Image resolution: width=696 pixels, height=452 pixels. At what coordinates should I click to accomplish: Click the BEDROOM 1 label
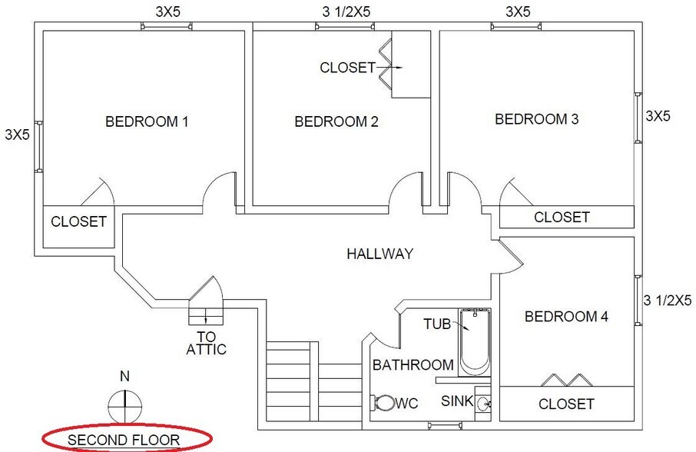pyautogui.click(x=147, y=121)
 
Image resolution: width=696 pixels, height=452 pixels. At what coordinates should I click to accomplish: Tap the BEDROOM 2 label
pyautogui.click(x=336, y=121)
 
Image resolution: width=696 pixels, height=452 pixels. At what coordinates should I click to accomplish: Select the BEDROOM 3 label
pyautogui.click(x=536, y=119)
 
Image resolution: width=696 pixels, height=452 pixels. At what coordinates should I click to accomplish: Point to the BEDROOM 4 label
pyautogui.click(x=566, y=317)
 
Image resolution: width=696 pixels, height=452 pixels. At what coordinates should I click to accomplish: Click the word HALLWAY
pyautogui.click(x=379, y=254)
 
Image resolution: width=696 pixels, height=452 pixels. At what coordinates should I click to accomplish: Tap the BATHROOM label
pyautogui.click(x=413, y=365)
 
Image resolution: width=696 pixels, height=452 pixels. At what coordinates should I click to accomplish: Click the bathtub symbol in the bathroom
pyautogui.click(x=473, y=343)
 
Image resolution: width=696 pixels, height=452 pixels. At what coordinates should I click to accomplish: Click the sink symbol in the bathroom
pyautogui.click(x=482, y=402)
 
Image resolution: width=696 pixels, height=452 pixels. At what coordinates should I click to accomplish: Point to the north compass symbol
pyautogui.click(x=124, y=402)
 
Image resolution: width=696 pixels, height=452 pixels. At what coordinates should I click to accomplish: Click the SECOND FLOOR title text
pyautogui.click(x=124, y=440)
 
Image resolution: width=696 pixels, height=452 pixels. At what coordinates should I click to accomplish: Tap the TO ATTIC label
pyautogui.click(x=206, y=343)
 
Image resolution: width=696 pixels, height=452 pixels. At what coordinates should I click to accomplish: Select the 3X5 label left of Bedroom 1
pyautogui.click(x=17, y=135)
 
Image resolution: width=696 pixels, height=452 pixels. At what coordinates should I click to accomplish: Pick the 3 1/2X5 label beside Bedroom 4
pyautogui.click(x=667, y=300)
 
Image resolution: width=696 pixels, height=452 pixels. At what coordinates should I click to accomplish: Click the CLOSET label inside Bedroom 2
pyautogui.click(x=347, y=68)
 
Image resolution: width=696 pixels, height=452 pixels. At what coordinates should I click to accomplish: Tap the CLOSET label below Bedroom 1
pyautogui.click(x=78, y=222)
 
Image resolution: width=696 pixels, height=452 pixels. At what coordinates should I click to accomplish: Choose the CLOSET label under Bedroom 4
pyautogui.click(x=566, y=404)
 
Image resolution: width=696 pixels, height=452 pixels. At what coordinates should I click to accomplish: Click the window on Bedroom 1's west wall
pyautogui.click(x=38, y=146)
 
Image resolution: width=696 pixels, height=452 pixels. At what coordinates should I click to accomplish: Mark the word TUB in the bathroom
pyautogui.click(x=437, y=324)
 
